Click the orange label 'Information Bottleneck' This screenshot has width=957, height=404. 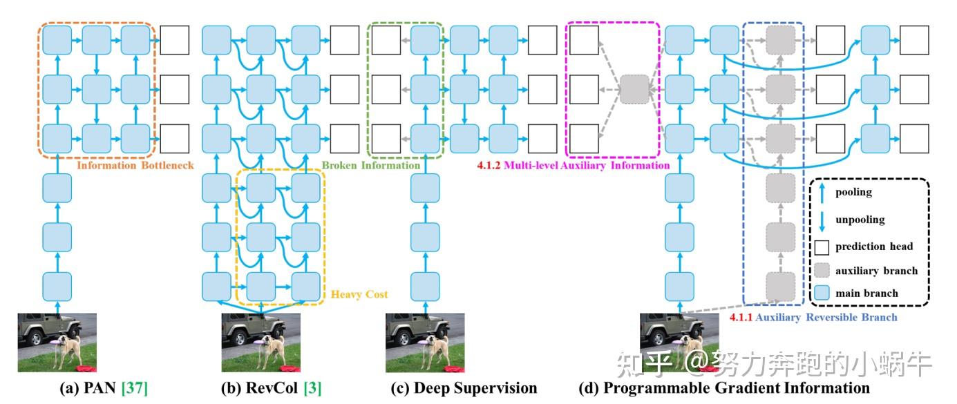(135, 166)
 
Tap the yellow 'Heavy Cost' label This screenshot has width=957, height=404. (359, 294)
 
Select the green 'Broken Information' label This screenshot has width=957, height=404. (371, 166)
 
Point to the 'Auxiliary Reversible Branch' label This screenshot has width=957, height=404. (826, 318)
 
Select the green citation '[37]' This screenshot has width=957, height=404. (135, 388)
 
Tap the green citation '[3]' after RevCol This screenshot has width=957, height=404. (312, 388)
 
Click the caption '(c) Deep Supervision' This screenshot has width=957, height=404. (464, 388)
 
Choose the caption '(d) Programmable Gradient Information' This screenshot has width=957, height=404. (724, 388)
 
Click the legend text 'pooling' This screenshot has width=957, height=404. (854, 193)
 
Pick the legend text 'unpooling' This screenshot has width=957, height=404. (860, 220)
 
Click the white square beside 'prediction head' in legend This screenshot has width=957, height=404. (822, 247)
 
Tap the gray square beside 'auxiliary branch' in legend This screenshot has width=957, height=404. (822, 270)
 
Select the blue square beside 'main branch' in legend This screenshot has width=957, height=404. (822, 294)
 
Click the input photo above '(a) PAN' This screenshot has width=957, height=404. (57, 343)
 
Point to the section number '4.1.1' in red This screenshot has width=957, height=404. (741, 318)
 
